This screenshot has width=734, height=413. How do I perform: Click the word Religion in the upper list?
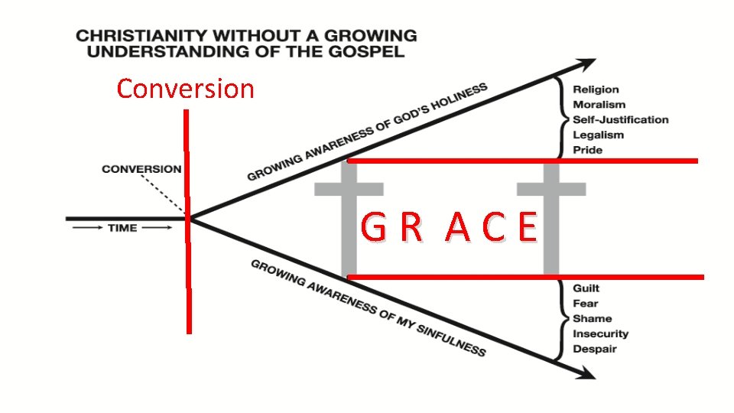pos(596,89)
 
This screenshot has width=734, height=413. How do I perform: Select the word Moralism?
pos(599,105)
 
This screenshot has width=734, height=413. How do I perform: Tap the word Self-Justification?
pos(620,119)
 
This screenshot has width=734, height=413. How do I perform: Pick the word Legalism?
pos(598,135)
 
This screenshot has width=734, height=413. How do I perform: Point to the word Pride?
pos(587,150)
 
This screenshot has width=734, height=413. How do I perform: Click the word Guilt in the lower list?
pos(586,288)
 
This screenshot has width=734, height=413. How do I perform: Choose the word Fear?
pos(585,304)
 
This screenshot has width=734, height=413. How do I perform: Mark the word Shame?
pos(592,318)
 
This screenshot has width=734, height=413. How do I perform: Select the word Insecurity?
pos(600,333)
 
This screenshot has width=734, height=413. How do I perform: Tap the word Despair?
pos(594,349)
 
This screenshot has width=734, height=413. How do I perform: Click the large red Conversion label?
pos(185,89)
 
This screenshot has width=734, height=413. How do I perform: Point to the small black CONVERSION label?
pos(142,169)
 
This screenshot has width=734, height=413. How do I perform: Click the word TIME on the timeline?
pos(122,228)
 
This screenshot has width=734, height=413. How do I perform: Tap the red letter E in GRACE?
pos(527,228)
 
